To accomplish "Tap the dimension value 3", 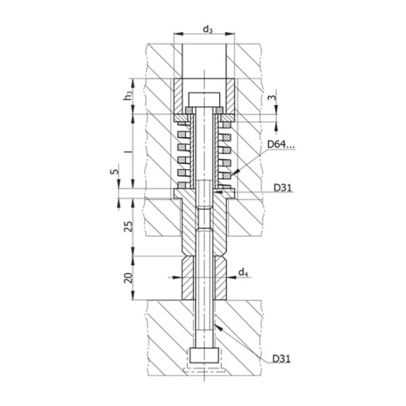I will coord(272,97).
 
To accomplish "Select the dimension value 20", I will coord(128,278).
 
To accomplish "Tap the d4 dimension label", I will coord(242,272).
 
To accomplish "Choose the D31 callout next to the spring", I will coord(281,188).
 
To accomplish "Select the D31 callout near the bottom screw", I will coord(281,359).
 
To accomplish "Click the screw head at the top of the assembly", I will coord(203,99).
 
